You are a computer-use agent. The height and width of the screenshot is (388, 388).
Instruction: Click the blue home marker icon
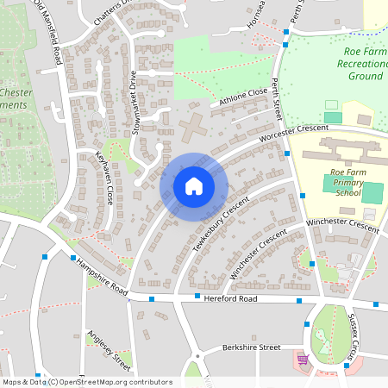[x=194, y=185]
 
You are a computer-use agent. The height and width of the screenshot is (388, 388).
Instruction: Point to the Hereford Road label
[x=230, y=298]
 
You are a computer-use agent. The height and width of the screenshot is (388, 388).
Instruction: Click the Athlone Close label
[x=244, y=98]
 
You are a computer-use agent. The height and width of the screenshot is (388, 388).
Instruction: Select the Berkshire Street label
[x=250, y=347]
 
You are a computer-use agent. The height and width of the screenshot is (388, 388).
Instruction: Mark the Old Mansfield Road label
[x=49, y=34]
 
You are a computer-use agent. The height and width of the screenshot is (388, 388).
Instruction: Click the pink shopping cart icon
[x=303, y=359]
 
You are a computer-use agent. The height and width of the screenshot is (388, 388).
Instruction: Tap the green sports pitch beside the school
[x=372, y=192]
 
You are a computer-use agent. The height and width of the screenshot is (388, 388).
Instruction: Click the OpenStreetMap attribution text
[x=86, y=382]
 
